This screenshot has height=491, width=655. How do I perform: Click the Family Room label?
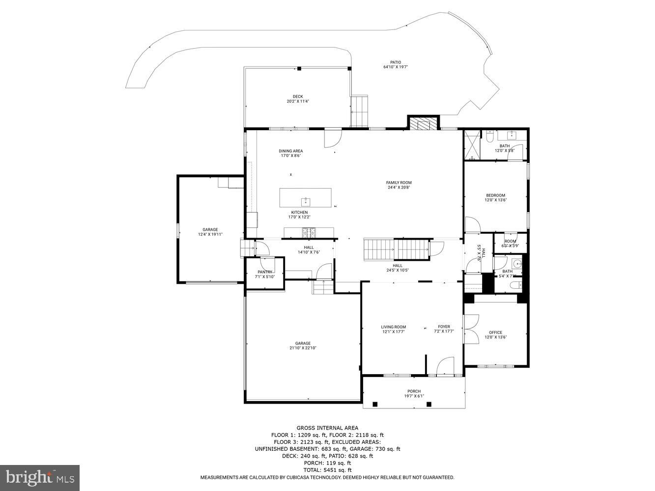399,183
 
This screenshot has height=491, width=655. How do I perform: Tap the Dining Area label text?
291,151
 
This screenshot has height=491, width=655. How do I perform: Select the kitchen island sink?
306,201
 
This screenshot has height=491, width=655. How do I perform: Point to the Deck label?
298,97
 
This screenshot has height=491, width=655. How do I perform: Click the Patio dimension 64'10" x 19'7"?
396,67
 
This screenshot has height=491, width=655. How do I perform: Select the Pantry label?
265,272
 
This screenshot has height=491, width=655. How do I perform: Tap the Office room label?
495,332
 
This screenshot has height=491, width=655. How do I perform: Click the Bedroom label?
495,195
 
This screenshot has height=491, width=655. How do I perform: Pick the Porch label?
414,391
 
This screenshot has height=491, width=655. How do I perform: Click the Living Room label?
393,327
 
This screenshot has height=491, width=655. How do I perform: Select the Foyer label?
444,327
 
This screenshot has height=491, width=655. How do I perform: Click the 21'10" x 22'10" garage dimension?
303,348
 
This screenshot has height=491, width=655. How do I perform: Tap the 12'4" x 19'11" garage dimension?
210,235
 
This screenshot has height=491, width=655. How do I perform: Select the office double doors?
471,328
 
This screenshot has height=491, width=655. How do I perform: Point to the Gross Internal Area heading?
327,428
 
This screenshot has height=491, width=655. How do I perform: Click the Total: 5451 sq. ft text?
327,470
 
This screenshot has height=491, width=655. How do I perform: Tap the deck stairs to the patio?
359,111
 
